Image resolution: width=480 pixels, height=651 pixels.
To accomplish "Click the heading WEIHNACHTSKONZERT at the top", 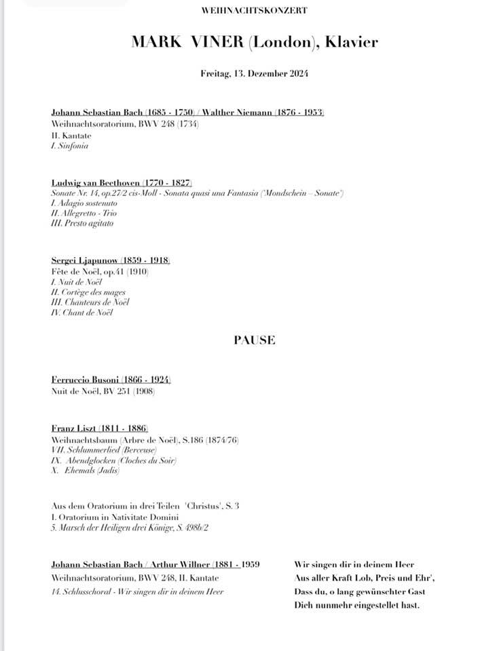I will pyautogui.click(x=255, y=11).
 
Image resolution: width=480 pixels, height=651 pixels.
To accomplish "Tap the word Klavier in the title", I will pyautogui.click(x=351, y=43).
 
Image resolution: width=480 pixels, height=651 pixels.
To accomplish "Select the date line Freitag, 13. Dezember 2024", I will pyautogui.click(x=255, y=73).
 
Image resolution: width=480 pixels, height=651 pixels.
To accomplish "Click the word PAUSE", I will pyautogui.click(x=255, y=340).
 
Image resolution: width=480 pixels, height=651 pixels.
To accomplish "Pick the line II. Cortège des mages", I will pyautogui.click(x=88, y=292).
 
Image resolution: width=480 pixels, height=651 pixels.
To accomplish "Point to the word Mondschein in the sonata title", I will pyautogui.click(x=294, y=194).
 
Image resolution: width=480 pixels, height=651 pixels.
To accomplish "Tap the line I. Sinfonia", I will pyautogui.click(x=70, y=146).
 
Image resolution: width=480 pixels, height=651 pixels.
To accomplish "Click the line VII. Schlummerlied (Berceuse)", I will pyautogui.click(x=104, y=450).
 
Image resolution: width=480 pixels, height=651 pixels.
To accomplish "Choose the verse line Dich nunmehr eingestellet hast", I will pyautogui.click(x=357, y=605).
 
